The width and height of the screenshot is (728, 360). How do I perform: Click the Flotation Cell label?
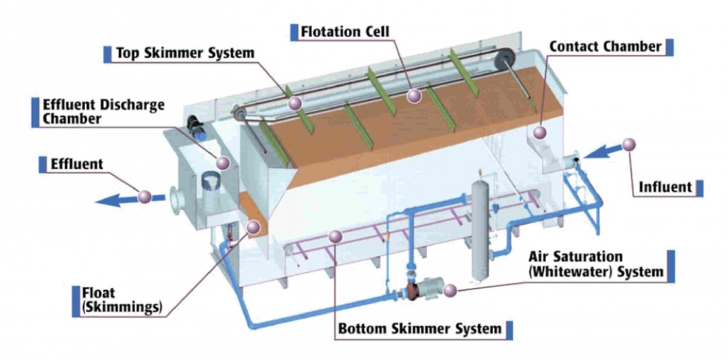click(345, 32)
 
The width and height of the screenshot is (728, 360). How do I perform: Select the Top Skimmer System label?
click(185, 53)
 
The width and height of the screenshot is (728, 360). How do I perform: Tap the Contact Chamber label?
click(605, 47)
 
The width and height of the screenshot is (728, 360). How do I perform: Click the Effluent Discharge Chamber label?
click(104, 111)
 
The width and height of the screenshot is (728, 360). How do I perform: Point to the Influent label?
click(665, 187)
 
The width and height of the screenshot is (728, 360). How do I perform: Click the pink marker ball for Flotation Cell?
click(415, 95)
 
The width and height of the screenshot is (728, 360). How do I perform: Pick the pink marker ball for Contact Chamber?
click(541, 132)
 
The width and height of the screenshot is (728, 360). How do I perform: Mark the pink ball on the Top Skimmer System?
click(295, 104)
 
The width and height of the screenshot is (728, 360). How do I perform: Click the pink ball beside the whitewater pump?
click(451, 289)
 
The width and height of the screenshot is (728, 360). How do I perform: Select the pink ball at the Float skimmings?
click(253, 226)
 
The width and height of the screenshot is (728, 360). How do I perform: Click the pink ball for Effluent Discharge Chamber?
click(223, 163)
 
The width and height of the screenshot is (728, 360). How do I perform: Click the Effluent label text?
click(77, 165)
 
